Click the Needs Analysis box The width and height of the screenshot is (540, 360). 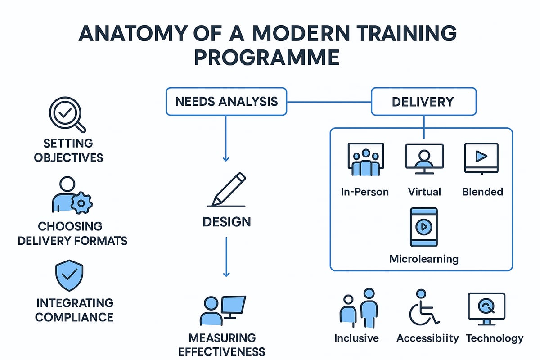[226, 101]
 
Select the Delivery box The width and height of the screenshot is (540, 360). [423, 101]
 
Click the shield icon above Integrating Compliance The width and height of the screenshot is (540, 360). [68, 276]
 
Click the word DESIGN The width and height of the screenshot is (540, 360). [226, 221]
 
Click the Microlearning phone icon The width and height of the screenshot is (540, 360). [423, 227]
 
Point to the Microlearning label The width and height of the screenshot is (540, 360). [423, 259]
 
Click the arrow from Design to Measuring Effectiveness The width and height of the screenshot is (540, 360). [226, 256]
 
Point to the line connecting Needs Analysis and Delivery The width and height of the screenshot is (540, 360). [328, 101]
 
